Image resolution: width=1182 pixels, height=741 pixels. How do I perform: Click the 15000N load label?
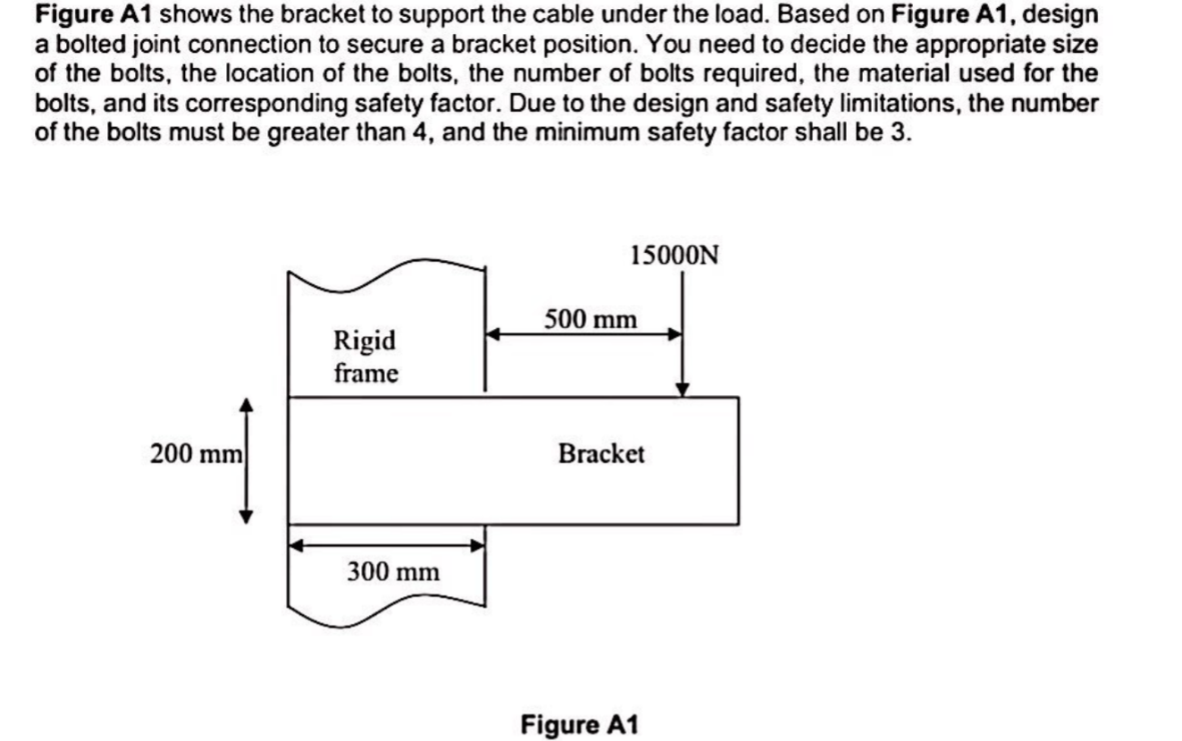pyautogui.click(x=675, y=256)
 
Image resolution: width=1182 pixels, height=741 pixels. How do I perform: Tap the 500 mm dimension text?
pyautogui.click(x=591, y=319)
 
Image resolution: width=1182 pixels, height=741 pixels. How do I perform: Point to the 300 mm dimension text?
pyautogui.click(x=393, y=570)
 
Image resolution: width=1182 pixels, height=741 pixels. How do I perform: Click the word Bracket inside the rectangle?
pyautogui.click(x=601, y=454)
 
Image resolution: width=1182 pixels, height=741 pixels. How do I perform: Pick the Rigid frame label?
pyautogui.click(x=365, y=357)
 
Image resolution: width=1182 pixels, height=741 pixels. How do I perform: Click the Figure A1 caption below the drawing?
pyautogui.click(x=580, y=724)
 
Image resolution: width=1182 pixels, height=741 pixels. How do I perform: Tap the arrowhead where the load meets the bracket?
pyautogui.click(x=683, y=390)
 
